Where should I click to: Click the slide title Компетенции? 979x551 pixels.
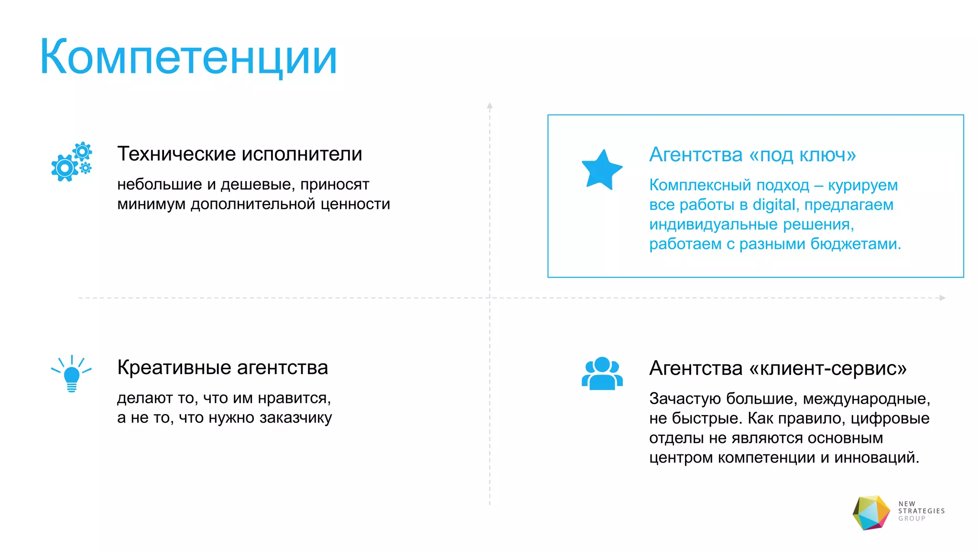click(188, 57)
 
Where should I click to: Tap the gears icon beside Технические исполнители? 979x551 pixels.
click(71, 162)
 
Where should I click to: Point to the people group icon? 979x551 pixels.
click(602, 374)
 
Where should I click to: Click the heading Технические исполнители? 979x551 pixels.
click(239, 154)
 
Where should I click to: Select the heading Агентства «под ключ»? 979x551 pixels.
click(752, 154)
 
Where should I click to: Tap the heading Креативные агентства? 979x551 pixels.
click(222, 367)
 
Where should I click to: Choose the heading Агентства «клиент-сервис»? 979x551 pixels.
click(778, 368)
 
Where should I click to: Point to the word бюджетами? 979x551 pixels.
click(856, 244)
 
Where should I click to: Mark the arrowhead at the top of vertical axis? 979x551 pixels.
click(489, 105)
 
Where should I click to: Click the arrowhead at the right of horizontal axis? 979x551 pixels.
click(942, 298)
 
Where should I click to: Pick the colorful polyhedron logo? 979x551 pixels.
click(871, 513)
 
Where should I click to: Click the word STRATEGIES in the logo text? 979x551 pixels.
click(921, 511)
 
